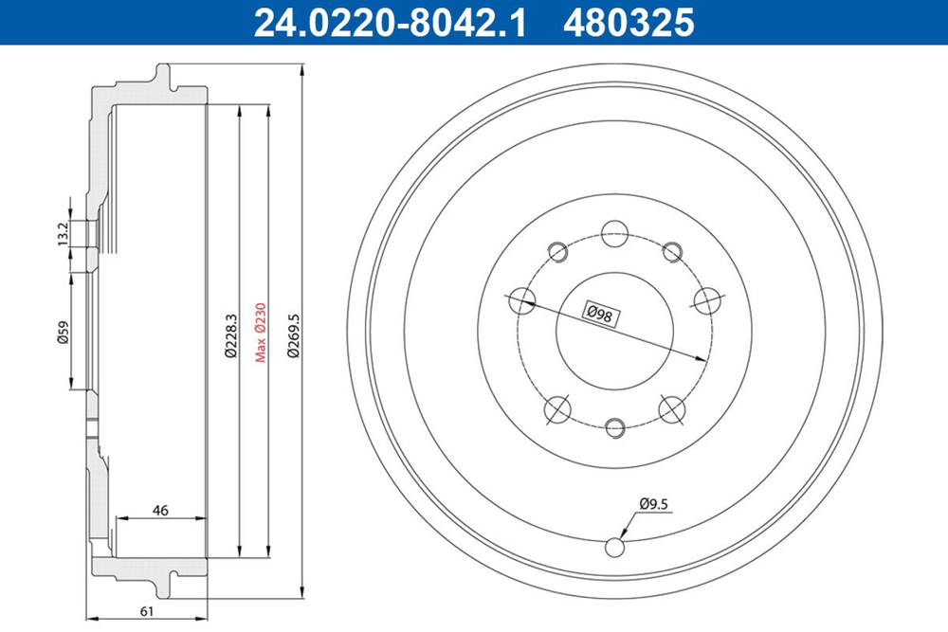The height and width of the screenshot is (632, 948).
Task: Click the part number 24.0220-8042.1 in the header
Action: point(390,23)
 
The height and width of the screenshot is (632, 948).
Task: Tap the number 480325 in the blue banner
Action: point(629,23)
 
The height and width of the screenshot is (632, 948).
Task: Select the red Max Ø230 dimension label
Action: point(260,333)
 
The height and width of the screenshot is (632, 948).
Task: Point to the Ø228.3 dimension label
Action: point(230,335)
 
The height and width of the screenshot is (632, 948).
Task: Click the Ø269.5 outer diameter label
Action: point(294,335)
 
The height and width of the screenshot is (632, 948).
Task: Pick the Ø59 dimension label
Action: point(64,332)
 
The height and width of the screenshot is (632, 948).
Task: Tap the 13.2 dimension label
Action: point(64,234)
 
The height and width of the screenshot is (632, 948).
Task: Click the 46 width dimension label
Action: point(160,510)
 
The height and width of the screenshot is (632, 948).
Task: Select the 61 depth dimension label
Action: point(147,611)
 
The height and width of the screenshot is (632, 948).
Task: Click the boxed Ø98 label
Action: point(600,315)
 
